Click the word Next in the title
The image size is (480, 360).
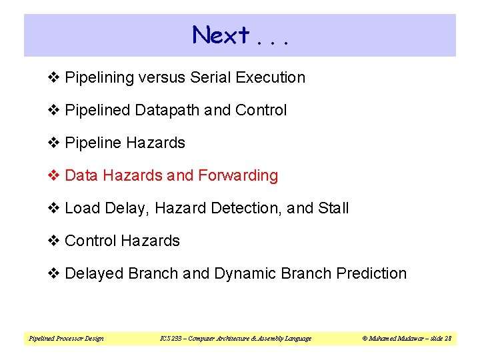(221, 35)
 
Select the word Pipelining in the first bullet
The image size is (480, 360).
(100, 77)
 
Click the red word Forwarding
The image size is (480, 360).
(235, 175)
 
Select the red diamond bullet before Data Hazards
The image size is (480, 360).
(56, 175)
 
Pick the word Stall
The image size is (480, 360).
(333, 208)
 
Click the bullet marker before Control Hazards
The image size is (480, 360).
(56, 241)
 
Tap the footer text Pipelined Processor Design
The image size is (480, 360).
(66, 339)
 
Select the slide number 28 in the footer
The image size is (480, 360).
(448, 339)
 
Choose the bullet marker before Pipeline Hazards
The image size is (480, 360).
(56, 143)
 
